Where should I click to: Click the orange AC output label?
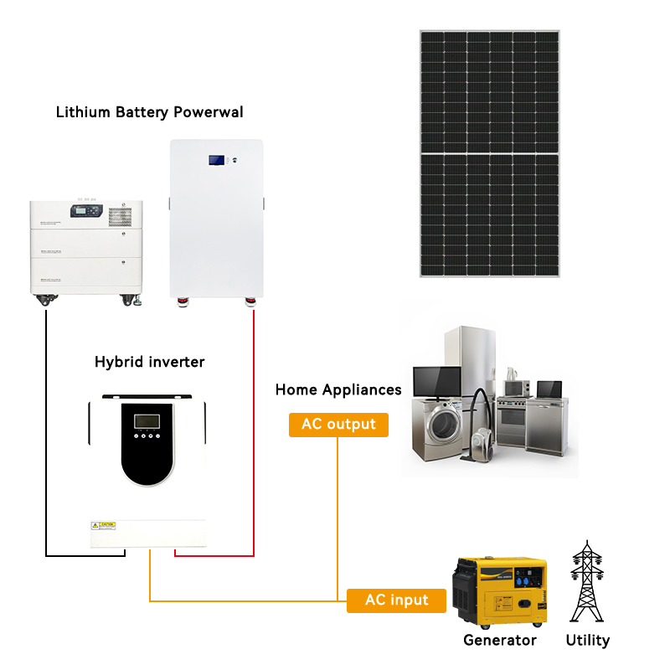point(339,425)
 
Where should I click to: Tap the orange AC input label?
point(396,600)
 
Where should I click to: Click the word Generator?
point(500,641)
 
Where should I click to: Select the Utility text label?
point(588,641)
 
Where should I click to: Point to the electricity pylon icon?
point(586,581)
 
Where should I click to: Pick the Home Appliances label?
point(338,389)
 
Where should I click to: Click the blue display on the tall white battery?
point(217,158)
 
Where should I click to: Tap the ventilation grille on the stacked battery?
point(119,214)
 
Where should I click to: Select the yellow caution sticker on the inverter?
point(102,525)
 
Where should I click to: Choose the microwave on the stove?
point(515,388)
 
